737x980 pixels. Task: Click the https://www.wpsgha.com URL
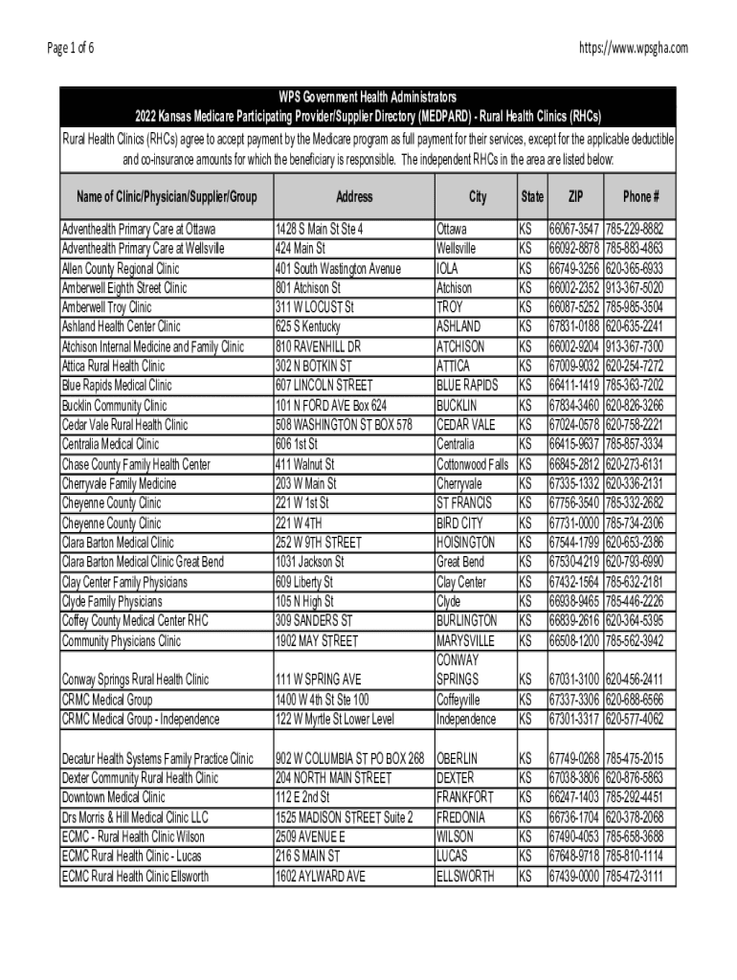pos(633,48)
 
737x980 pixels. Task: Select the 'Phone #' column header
pos(640,197)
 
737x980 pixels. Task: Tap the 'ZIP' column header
pos(575,197)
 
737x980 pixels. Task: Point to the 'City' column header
pos(477,197)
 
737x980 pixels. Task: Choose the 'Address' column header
pos(354,197)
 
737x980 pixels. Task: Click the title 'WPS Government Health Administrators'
pos(368,98)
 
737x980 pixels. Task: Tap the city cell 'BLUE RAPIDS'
pos(467,386)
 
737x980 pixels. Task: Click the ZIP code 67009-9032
pos(574,367)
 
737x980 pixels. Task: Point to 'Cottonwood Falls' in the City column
pos(472,464)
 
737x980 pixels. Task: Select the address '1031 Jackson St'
pos(309,562)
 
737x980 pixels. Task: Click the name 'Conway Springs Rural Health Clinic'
pos(135,679)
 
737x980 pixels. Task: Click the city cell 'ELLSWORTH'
pos(465,876)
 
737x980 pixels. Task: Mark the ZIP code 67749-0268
pos(574,759)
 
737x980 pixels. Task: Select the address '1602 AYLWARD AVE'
pos(320,876)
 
